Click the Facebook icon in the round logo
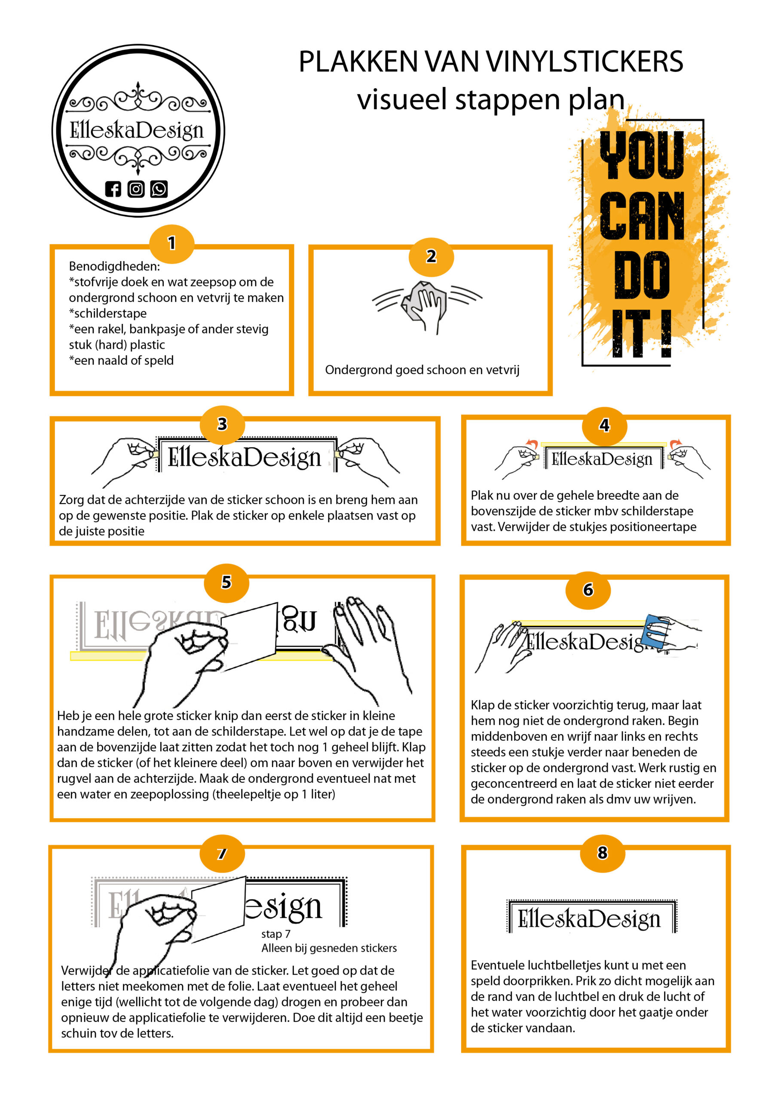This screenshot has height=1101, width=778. (x=113, y=189)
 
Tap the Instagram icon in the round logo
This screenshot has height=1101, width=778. (x=136, y=189)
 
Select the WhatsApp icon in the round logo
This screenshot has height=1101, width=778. (x=159, y=189)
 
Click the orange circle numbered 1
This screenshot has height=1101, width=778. (x=172, y=243)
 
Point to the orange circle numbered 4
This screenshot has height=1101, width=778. (x=604, y=425)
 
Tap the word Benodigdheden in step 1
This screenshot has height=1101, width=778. (x=114, y=266)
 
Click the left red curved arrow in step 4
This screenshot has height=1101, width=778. (x=531, y=443)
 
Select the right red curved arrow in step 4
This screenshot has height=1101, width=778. (x=675, y=443)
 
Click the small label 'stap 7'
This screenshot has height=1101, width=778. (x=276, y=934)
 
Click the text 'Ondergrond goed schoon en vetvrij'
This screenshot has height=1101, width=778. (x=422, y=370)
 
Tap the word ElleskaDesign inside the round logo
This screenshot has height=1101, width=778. (x=137, y=130)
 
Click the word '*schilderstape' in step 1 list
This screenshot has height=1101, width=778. (x=108, y=313)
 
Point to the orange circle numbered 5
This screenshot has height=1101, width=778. (x=226, y=582)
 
